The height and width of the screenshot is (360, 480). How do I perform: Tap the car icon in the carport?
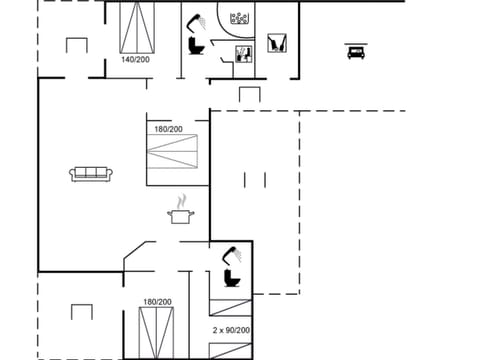click(354, 52)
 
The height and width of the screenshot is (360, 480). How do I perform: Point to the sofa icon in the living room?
click(92, 174)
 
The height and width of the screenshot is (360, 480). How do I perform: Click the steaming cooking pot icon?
click(181, 213)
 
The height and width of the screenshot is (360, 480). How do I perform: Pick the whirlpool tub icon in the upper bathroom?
click(240, 19)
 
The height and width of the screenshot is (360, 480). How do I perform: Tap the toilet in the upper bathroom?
click(196, 46)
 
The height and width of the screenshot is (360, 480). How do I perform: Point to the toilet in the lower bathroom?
click(231, 277)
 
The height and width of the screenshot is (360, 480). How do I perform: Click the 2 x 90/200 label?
click(231, 330)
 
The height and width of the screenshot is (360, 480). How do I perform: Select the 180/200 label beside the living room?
click(168, 129)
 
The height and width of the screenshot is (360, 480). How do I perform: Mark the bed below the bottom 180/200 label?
click(154, 332)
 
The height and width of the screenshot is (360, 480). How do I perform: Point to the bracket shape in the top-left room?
click(77, 45)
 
